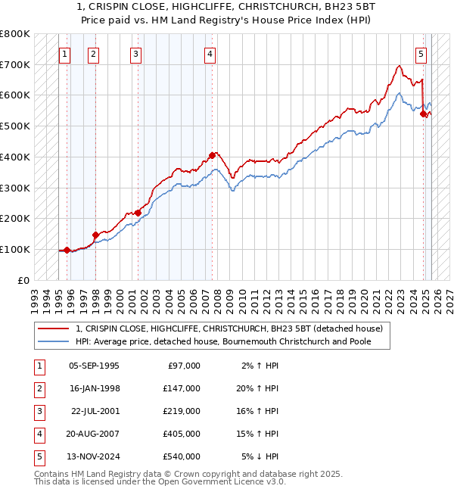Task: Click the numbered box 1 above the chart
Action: pos(65,54)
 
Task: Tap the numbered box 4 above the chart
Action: pos(209,54)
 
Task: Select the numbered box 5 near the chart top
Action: pos(421,54)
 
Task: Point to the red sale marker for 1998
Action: pos(95,235)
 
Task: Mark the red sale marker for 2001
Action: pos(138,213)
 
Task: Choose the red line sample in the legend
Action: pos(54,329)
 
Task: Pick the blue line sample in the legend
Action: pos(54,341)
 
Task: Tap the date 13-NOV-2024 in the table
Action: pos(94,456)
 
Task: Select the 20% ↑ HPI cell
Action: pos(260,388)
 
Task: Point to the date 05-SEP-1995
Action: pos(94,366)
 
